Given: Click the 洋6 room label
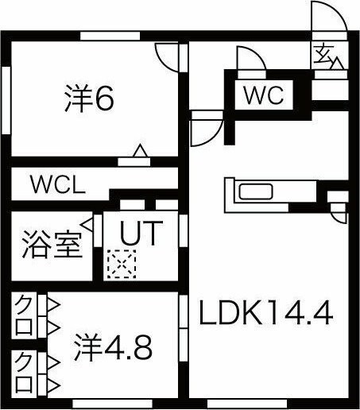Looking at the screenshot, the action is pos(89,99).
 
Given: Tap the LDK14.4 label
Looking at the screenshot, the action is pos(265,313).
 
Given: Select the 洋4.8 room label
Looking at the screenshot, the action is pos(113,347).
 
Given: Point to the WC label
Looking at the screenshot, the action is pos(264,95).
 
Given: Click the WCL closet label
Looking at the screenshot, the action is pos(58,184).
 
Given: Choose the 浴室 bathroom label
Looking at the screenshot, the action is pos(52,244).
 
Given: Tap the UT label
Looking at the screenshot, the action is pos(141,233).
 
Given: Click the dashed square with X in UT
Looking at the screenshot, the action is pos(122,264).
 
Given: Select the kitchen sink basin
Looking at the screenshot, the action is pos(256,191).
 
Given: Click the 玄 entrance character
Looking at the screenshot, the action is pos(323,55).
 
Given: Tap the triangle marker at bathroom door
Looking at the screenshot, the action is pos(87,225).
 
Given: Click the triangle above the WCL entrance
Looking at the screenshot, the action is pos(140,151).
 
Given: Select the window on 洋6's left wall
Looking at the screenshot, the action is pos(6,100).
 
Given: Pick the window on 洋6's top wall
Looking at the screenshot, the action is pos(110,36).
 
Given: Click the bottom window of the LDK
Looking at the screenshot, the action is pos(247,404).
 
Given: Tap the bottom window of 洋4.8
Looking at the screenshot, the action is pos(113,404).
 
